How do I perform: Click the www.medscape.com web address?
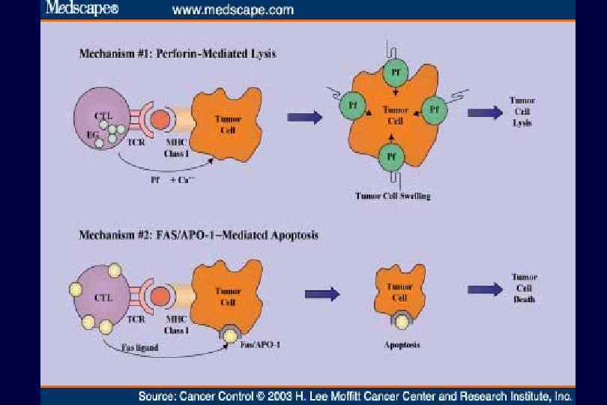(233, 10)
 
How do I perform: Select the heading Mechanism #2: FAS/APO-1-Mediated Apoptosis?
(199, 235)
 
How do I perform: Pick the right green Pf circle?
(435, 109)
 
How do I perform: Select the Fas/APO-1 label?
(255, 345)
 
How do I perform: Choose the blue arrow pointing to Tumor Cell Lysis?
(485, 112)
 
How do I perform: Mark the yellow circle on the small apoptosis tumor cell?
(403, 322)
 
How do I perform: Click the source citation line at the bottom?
(356, 395)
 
